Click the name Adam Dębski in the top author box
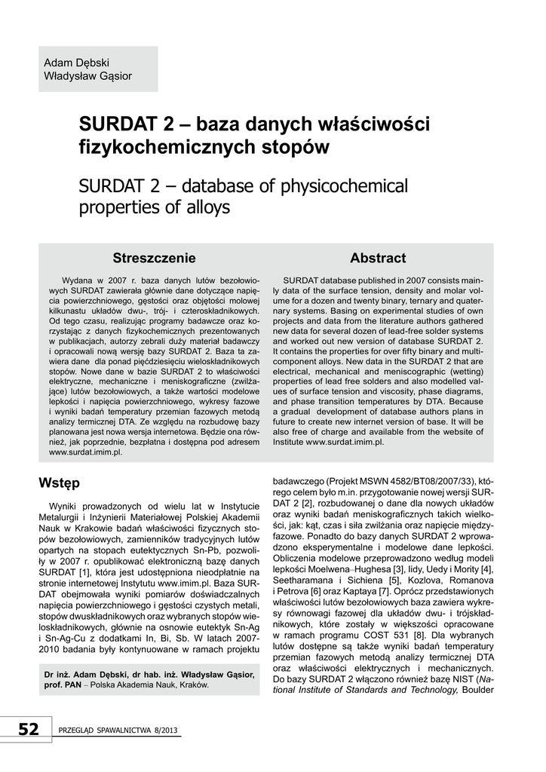point(76,62)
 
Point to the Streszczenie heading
point(154,259)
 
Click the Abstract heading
point(378,259)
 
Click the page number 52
point(28,729)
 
